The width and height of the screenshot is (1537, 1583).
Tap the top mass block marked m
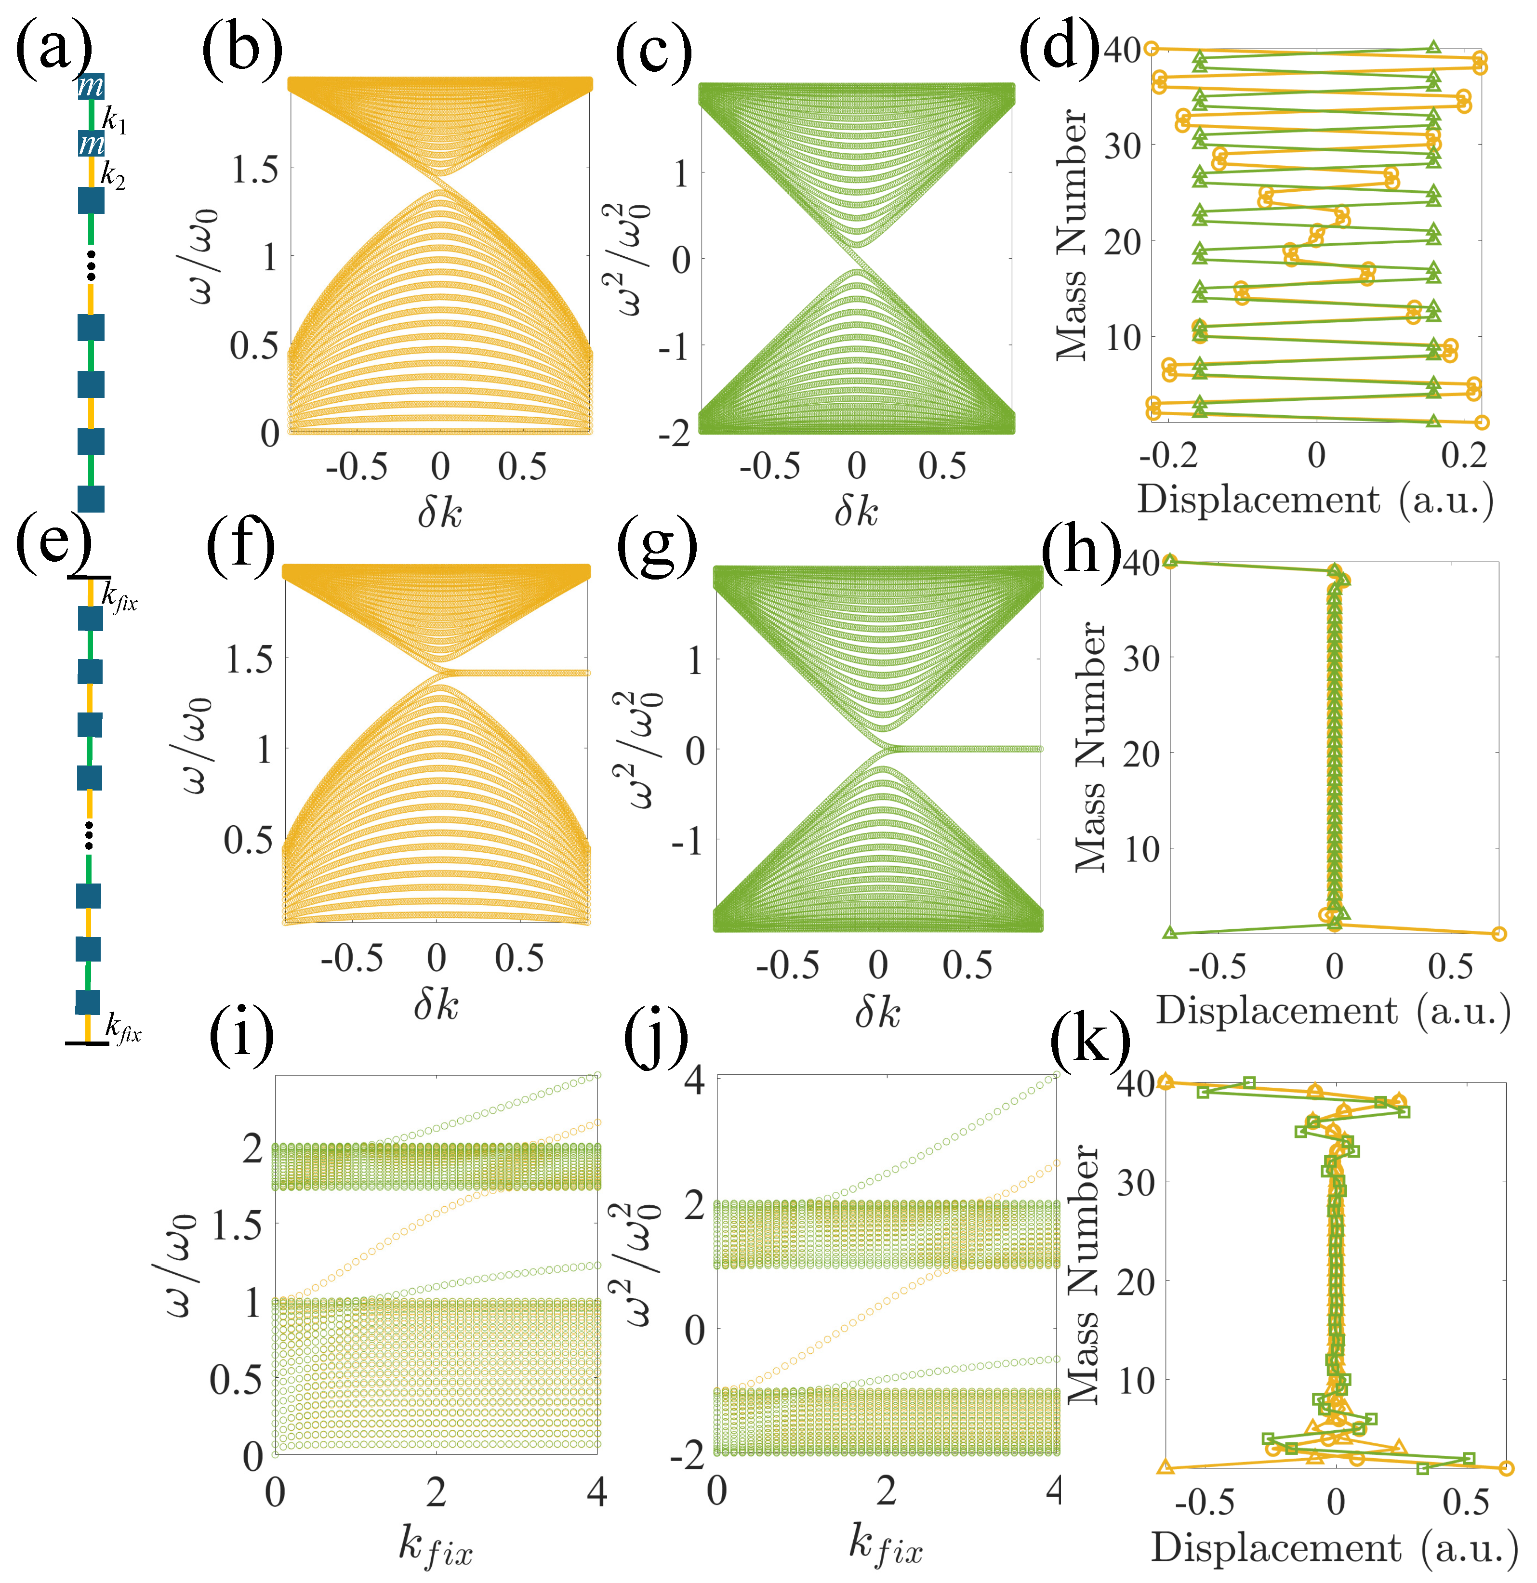pyautogui.click(x=91, y=86)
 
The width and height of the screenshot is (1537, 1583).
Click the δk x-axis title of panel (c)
pyautogui.click(x=856, y=511)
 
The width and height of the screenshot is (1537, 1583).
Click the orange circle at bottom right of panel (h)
pyautogui.click(x=1499, y=934)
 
